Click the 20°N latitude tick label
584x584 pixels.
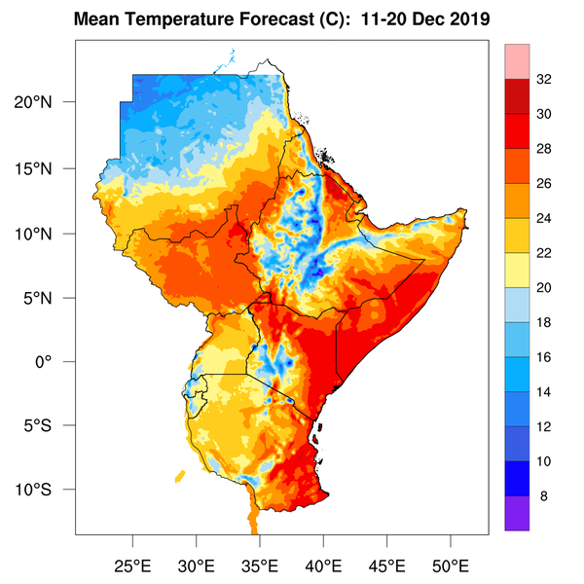pos(46,103)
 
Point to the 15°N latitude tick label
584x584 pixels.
pos(46,168)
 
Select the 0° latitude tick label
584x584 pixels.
pos(55,361)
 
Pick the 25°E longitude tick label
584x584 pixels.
pos(133,565)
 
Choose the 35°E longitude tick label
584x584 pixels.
pos(261,565)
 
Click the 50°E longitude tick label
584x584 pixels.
pos(451,565)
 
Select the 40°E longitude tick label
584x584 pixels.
pos(324,565)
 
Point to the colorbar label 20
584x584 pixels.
pos(544,288)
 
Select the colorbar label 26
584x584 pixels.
pos(544,184)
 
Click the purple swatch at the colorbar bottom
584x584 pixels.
pos(516,513)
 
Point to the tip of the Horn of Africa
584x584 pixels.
pos(468,211)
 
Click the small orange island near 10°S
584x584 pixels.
pos(180,477)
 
